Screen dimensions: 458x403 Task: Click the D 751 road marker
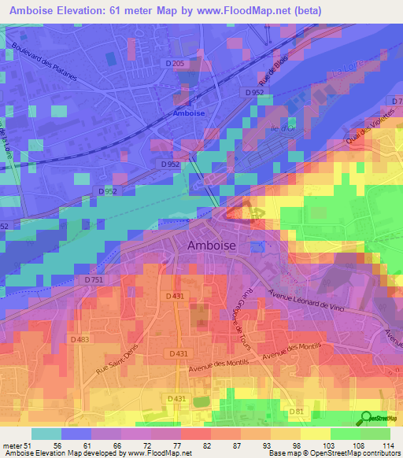coord(94,279)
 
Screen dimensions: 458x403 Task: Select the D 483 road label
coord(79,339)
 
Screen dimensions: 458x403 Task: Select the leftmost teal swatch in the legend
coord(46,434)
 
